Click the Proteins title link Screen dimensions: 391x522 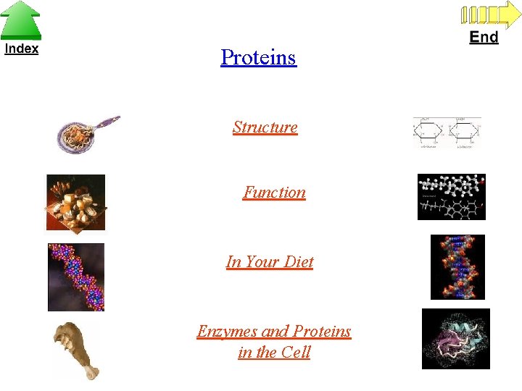[x=258, y=57]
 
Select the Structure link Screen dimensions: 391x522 [x=265, y=127]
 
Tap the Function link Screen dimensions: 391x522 [x=274, y=193]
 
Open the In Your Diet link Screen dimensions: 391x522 [x=270, y=261]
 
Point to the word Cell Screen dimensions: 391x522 [x=296, y=353]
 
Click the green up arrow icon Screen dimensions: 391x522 [x=20, y=20]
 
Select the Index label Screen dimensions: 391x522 [x=21, y=49]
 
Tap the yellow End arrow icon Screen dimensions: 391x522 [x=485, y=14]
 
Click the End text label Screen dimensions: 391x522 [x=484, y=37]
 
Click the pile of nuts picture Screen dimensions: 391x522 [x=75, y=203]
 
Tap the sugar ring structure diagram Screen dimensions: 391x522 [x=447, y=133]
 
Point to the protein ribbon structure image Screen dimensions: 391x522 [x=455, y=339]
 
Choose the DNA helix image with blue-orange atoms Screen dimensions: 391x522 [x=457, y=266]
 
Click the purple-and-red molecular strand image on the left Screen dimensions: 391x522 [x=76, y=277]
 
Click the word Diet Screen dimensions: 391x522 [x=299, y=261]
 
